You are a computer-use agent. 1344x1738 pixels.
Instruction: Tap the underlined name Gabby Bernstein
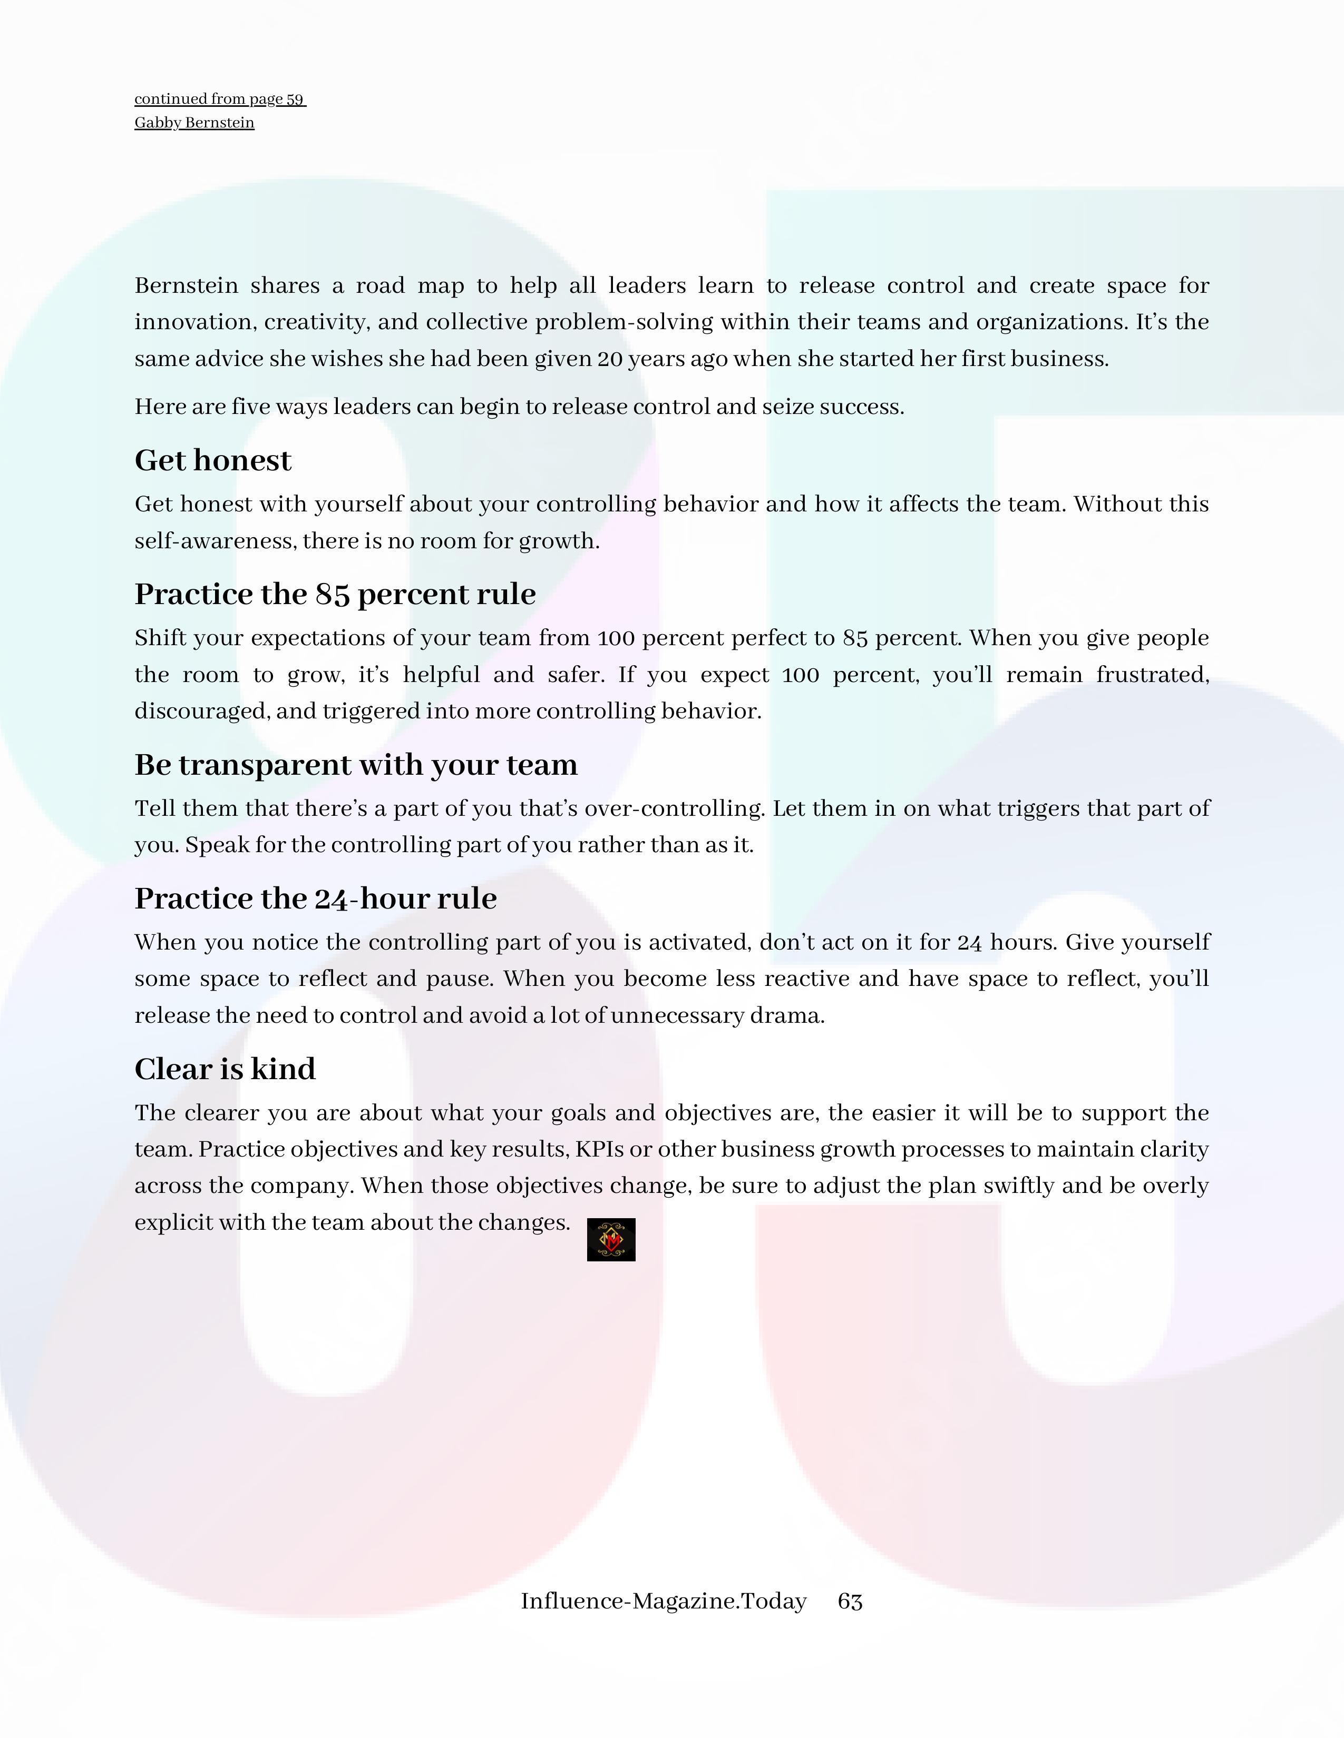pos(194,123)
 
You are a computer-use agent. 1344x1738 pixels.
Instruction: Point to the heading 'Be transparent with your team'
pos(355,765)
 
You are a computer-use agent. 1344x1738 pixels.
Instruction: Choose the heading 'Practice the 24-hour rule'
pos(315,898)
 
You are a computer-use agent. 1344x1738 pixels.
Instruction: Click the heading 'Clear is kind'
pos(225,1069)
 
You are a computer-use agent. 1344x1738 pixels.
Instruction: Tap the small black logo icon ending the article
pos(611,1240)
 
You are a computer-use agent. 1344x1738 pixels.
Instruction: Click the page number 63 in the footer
pos(850,1601)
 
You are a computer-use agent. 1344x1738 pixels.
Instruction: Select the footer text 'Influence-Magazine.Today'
pos(663,1601)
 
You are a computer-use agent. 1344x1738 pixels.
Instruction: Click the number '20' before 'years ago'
pos(609,359)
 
